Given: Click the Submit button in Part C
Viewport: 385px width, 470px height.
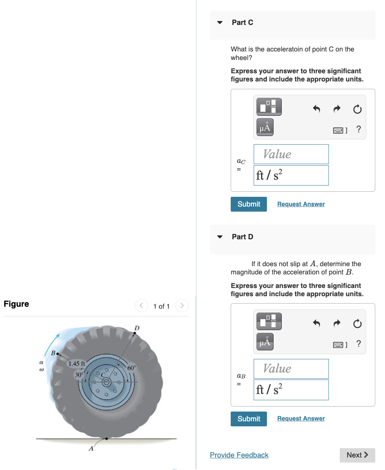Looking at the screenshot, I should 249,204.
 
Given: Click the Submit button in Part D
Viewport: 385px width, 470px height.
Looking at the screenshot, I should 249,419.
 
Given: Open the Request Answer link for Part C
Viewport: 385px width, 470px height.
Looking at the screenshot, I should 301,204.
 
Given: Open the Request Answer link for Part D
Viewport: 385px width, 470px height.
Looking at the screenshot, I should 301,419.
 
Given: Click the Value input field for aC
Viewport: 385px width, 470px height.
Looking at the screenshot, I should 291,154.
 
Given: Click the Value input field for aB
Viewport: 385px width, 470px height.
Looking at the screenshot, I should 291,369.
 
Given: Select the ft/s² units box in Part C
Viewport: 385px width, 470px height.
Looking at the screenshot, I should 291,175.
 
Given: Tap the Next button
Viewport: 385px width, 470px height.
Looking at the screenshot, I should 357,455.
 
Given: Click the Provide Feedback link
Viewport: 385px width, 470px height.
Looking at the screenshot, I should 239,455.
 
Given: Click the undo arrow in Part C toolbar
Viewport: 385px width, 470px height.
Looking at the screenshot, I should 316,109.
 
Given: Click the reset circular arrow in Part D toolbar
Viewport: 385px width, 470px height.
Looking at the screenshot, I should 357,324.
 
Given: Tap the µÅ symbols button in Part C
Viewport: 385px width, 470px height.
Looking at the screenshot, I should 265,127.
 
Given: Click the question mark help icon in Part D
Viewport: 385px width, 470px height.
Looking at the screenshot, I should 359,344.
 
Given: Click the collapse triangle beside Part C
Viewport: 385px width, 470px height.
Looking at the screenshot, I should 220,23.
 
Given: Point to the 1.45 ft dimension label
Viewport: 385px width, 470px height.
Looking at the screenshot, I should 77,364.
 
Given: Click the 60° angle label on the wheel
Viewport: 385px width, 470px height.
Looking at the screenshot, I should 132,368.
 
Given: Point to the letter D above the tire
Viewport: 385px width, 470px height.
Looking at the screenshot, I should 137,327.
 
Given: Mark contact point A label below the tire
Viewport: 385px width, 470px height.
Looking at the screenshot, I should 91,449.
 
